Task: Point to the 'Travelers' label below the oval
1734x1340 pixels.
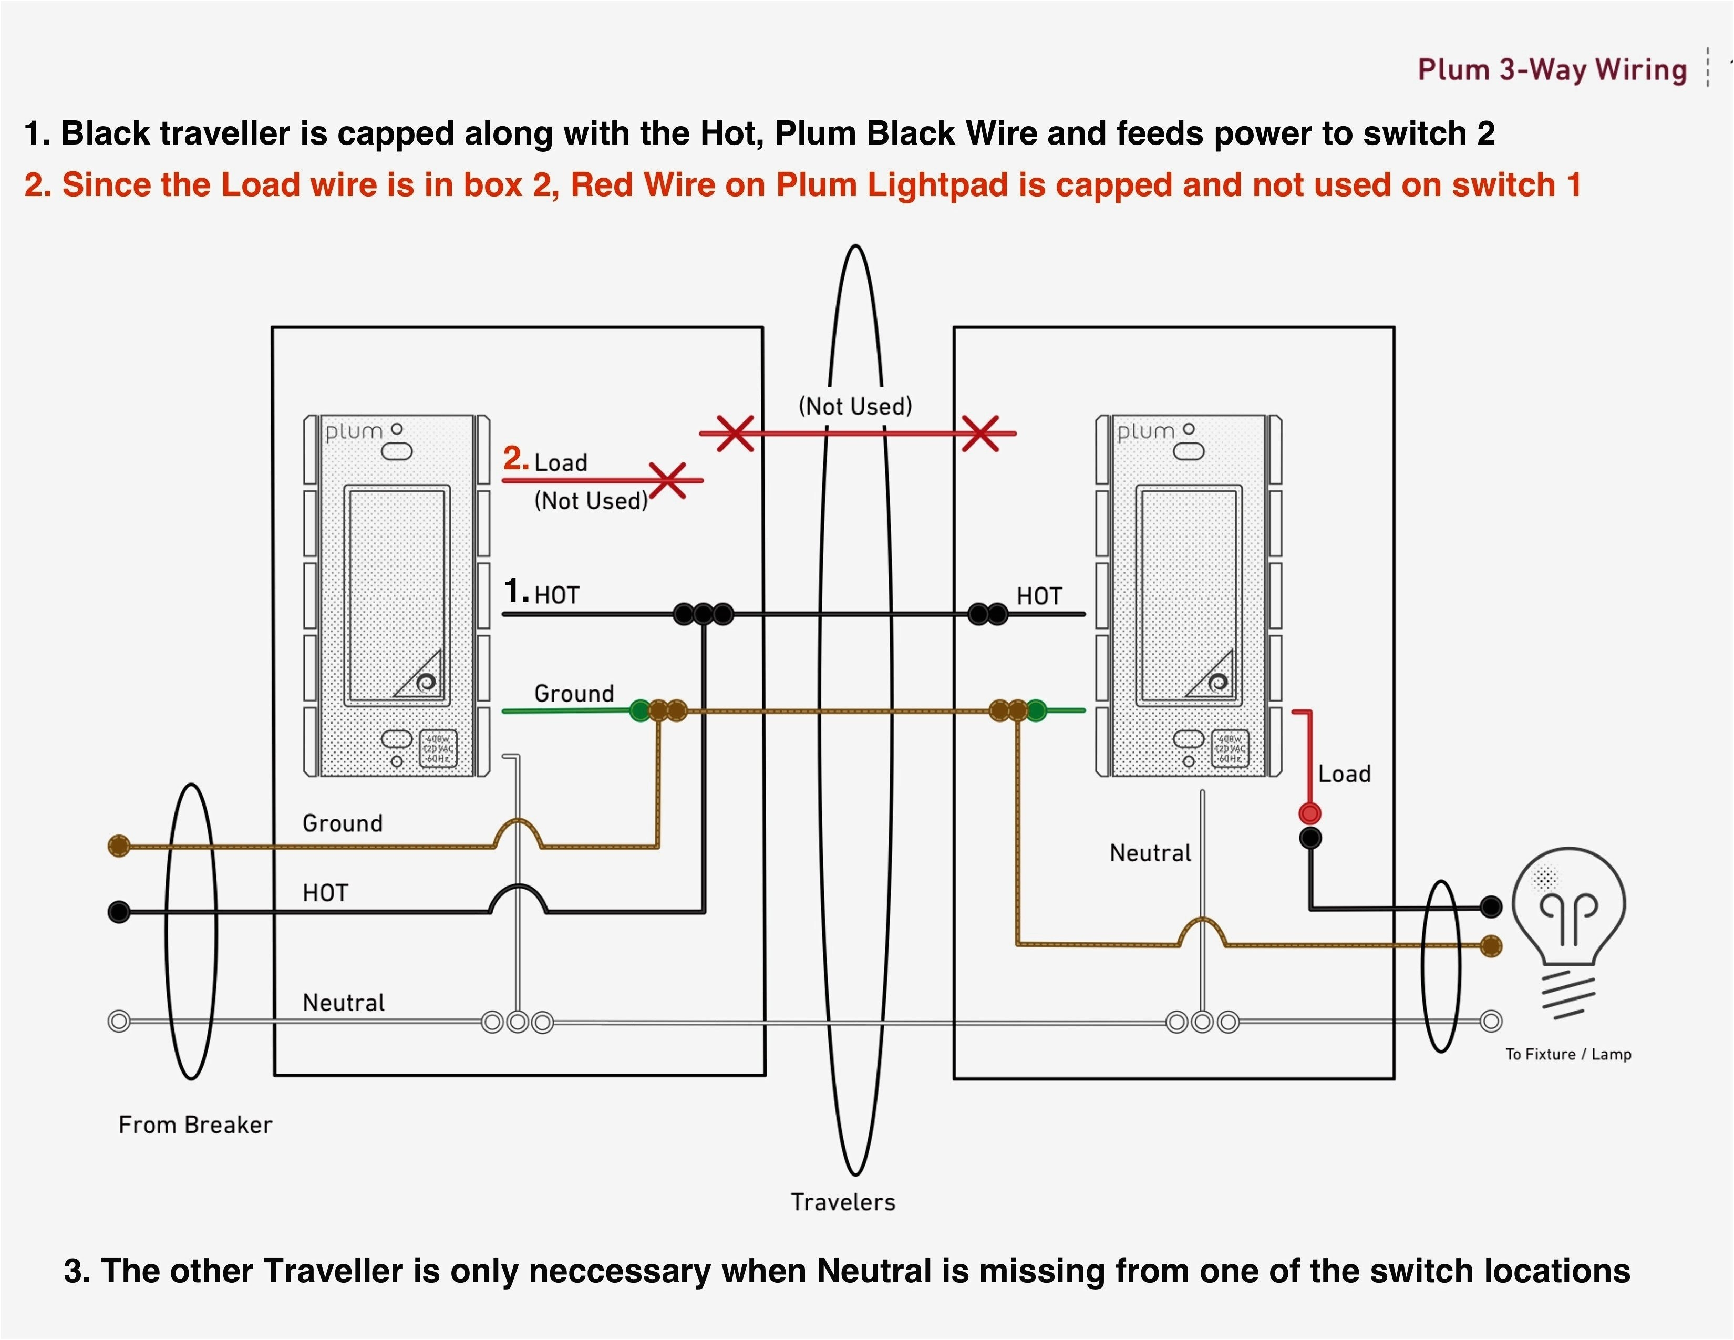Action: click(842, 1202)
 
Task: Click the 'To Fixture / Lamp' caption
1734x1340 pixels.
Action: click(1568, 1054)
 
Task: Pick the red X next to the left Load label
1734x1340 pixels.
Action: click(668, 480)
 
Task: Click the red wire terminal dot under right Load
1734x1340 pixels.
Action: click(1309, 813)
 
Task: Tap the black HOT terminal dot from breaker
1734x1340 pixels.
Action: click(119, 912)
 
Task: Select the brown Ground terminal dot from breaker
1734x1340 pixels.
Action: click(119, 846)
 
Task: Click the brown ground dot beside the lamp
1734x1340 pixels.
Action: click(1491, 945)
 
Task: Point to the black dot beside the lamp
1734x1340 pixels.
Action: click(1491, 906)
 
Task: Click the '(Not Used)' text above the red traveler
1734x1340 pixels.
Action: click(855, 406)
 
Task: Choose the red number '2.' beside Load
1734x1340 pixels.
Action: click(515, 459)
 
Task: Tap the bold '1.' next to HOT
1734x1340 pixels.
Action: click(515, 591)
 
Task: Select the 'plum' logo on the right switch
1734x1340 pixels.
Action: click(1145, 432)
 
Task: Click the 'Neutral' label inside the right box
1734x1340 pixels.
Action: click(1150, 853)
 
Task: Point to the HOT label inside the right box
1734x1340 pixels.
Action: click(1038, 596)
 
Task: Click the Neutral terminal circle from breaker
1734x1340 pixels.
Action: click(119, 1022)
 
